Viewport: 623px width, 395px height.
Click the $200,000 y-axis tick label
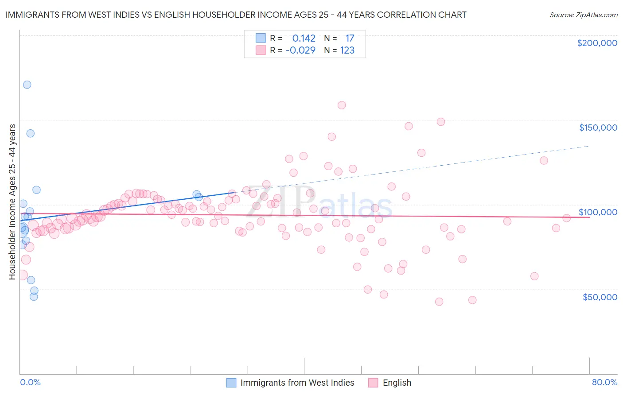(597, 43)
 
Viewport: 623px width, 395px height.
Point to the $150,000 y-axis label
(598, 128)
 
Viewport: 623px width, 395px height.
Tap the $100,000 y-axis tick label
(598, 212)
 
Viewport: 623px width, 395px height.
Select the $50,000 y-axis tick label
(600, 297)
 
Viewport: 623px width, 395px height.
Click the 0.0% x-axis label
(30, 382)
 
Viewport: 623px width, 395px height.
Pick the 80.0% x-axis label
(604, 382)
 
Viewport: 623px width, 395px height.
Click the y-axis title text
(12, 202)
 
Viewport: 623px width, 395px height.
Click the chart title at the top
(236, 15)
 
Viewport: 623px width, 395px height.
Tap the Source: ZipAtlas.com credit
(583, 15)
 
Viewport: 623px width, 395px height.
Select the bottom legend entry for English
(397, 383)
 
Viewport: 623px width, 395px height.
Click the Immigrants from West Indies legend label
(297, 383)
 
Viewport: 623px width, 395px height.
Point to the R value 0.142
(304, 39)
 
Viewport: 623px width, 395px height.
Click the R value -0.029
(300, 50)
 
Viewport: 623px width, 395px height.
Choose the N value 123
(347, 50)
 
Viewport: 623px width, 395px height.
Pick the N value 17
(350, 39)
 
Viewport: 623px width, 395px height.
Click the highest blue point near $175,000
(27, 85)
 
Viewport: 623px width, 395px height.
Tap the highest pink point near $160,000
(342, 105)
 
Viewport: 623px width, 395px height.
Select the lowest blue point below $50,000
(34, 297)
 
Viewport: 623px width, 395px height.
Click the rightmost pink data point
(566, 218)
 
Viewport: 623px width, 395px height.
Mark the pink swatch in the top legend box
(261, 50)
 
